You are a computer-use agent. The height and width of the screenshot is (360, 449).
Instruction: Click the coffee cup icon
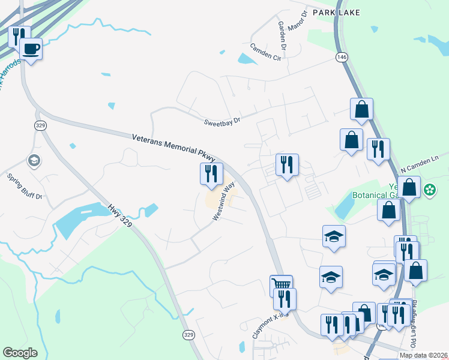[31, 49]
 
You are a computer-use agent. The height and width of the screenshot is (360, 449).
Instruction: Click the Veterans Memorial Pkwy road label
[173, 147]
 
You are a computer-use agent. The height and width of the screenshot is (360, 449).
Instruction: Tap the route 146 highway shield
[342, 56]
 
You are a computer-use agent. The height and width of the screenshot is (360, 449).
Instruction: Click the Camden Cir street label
[266, 53]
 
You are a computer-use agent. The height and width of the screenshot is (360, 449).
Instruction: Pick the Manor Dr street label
[297, 20]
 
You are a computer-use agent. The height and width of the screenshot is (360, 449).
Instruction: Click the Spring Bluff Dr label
[25, 186]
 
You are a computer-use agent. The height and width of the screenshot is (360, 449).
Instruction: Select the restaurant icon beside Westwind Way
[211, 173]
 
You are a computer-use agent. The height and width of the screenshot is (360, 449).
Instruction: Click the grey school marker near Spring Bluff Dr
[34, 160]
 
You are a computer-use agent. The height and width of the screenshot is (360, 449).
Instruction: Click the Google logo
[20, 353]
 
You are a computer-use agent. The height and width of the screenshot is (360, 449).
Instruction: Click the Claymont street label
[267, 326]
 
